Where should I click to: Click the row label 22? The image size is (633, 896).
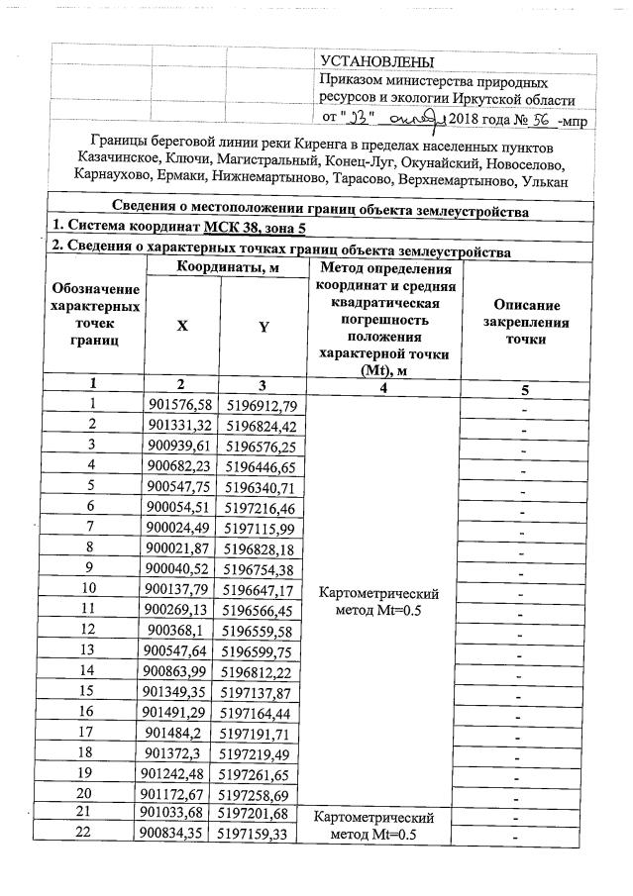[x=92, y=837]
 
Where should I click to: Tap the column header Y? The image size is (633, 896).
[x=264, y=328]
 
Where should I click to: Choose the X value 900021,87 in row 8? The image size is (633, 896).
[x=179, y=548]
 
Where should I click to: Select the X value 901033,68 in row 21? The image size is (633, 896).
[x=179, y=814]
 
